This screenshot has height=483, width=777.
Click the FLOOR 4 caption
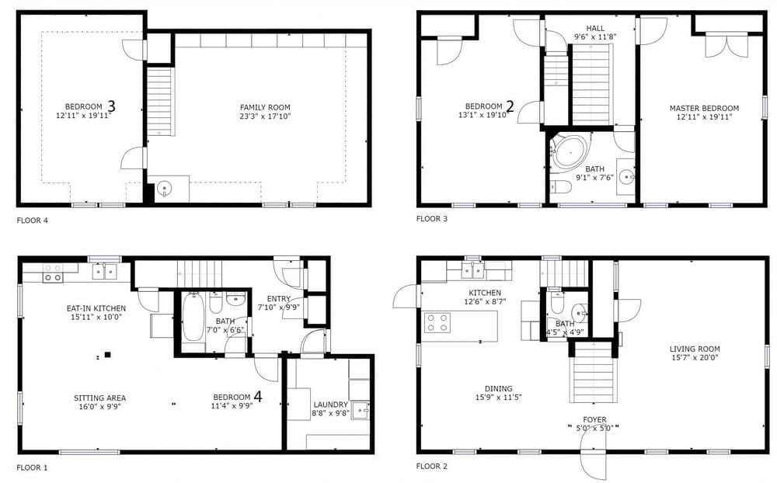coord(32,221)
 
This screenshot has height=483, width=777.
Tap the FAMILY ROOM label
coord(265,107)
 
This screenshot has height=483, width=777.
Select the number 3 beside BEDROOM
coord(111,106)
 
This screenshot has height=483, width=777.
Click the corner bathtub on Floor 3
coord(570,150)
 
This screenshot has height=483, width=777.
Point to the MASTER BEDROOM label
coord(704,108)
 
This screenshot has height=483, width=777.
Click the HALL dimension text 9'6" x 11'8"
coord(595,36)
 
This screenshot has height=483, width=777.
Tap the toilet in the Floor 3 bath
coord(561,187)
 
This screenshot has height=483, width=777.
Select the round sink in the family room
coord(164,188)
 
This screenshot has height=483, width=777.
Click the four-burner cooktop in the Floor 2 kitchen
coord(437,322)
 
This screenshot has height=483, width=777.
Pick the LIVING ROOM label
coord(695,349)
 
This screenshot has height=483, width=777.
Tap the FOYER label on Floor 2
coord(594,419)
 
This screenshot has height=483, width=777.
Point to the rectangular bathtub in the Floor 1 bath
coord(193,317)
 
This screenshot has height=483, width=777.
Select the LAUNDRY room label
coord(330,405)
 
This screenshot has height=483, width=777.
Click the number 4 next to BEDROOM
coord(258,396)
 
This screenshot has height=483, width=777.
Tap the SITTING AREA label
coord(99,398)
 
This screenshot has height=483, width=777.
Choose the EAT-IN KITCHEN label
coord(96,308)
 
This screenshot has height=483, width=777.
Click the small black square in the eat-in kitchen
coord(107,354)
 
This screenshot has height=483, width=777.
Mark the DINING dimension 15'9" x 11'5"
coord(499,398)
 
